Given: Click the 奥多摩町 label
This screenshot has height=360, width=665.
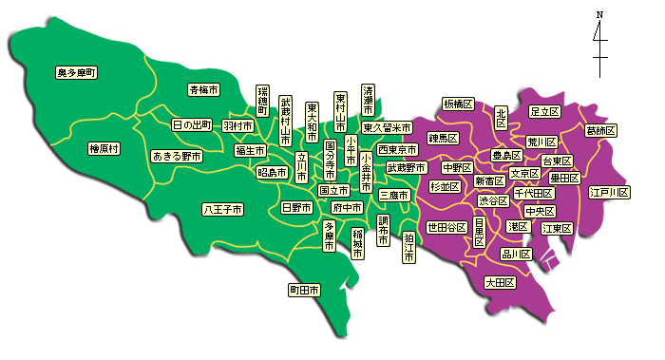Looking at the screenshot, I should [77, 72].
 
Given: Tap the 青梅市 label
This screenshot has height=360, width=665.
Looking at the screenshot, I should [203, 90].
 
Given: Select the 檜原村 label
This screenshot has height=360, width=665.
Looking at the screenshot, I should [104, 148].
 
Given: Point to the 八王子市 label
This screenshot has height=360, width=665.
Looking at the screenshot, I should [222, 209].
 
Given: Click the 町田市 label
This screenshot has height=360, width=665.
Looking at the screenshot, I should [305, 289].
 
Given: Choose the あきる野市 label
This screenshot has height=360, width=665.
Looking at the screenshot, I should [178, 156].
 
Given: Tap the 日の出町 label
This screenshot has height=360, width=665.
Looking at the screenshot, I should [193, 124].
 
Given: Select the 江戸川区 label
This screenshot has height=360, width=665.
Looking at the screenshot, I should [609, 193].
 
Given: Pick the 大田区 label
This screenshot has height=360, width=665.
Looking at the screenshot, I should [499, 282].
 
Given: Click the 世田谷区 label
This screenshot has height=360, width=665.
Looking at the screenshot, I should [446, 227].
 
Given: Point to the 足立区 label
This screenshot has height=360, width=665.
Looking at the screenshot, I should [544, 112].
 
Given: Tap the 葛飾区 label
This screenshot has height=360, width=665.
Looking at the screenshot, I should [600, 130].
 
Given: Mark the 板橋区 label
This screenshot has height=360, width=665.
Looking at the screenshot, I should [458, 104].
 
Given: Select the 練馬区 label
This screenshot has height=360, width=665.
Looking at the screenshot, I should [443, 139].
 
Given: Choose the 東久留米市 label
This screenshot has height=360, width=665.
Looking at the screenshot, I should [387, 127].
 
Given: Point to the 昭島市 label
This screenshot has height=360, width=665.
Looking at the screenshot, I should [273, 172].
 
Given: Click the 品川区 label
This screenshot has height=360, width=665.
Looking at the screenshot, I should [517, 254].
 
